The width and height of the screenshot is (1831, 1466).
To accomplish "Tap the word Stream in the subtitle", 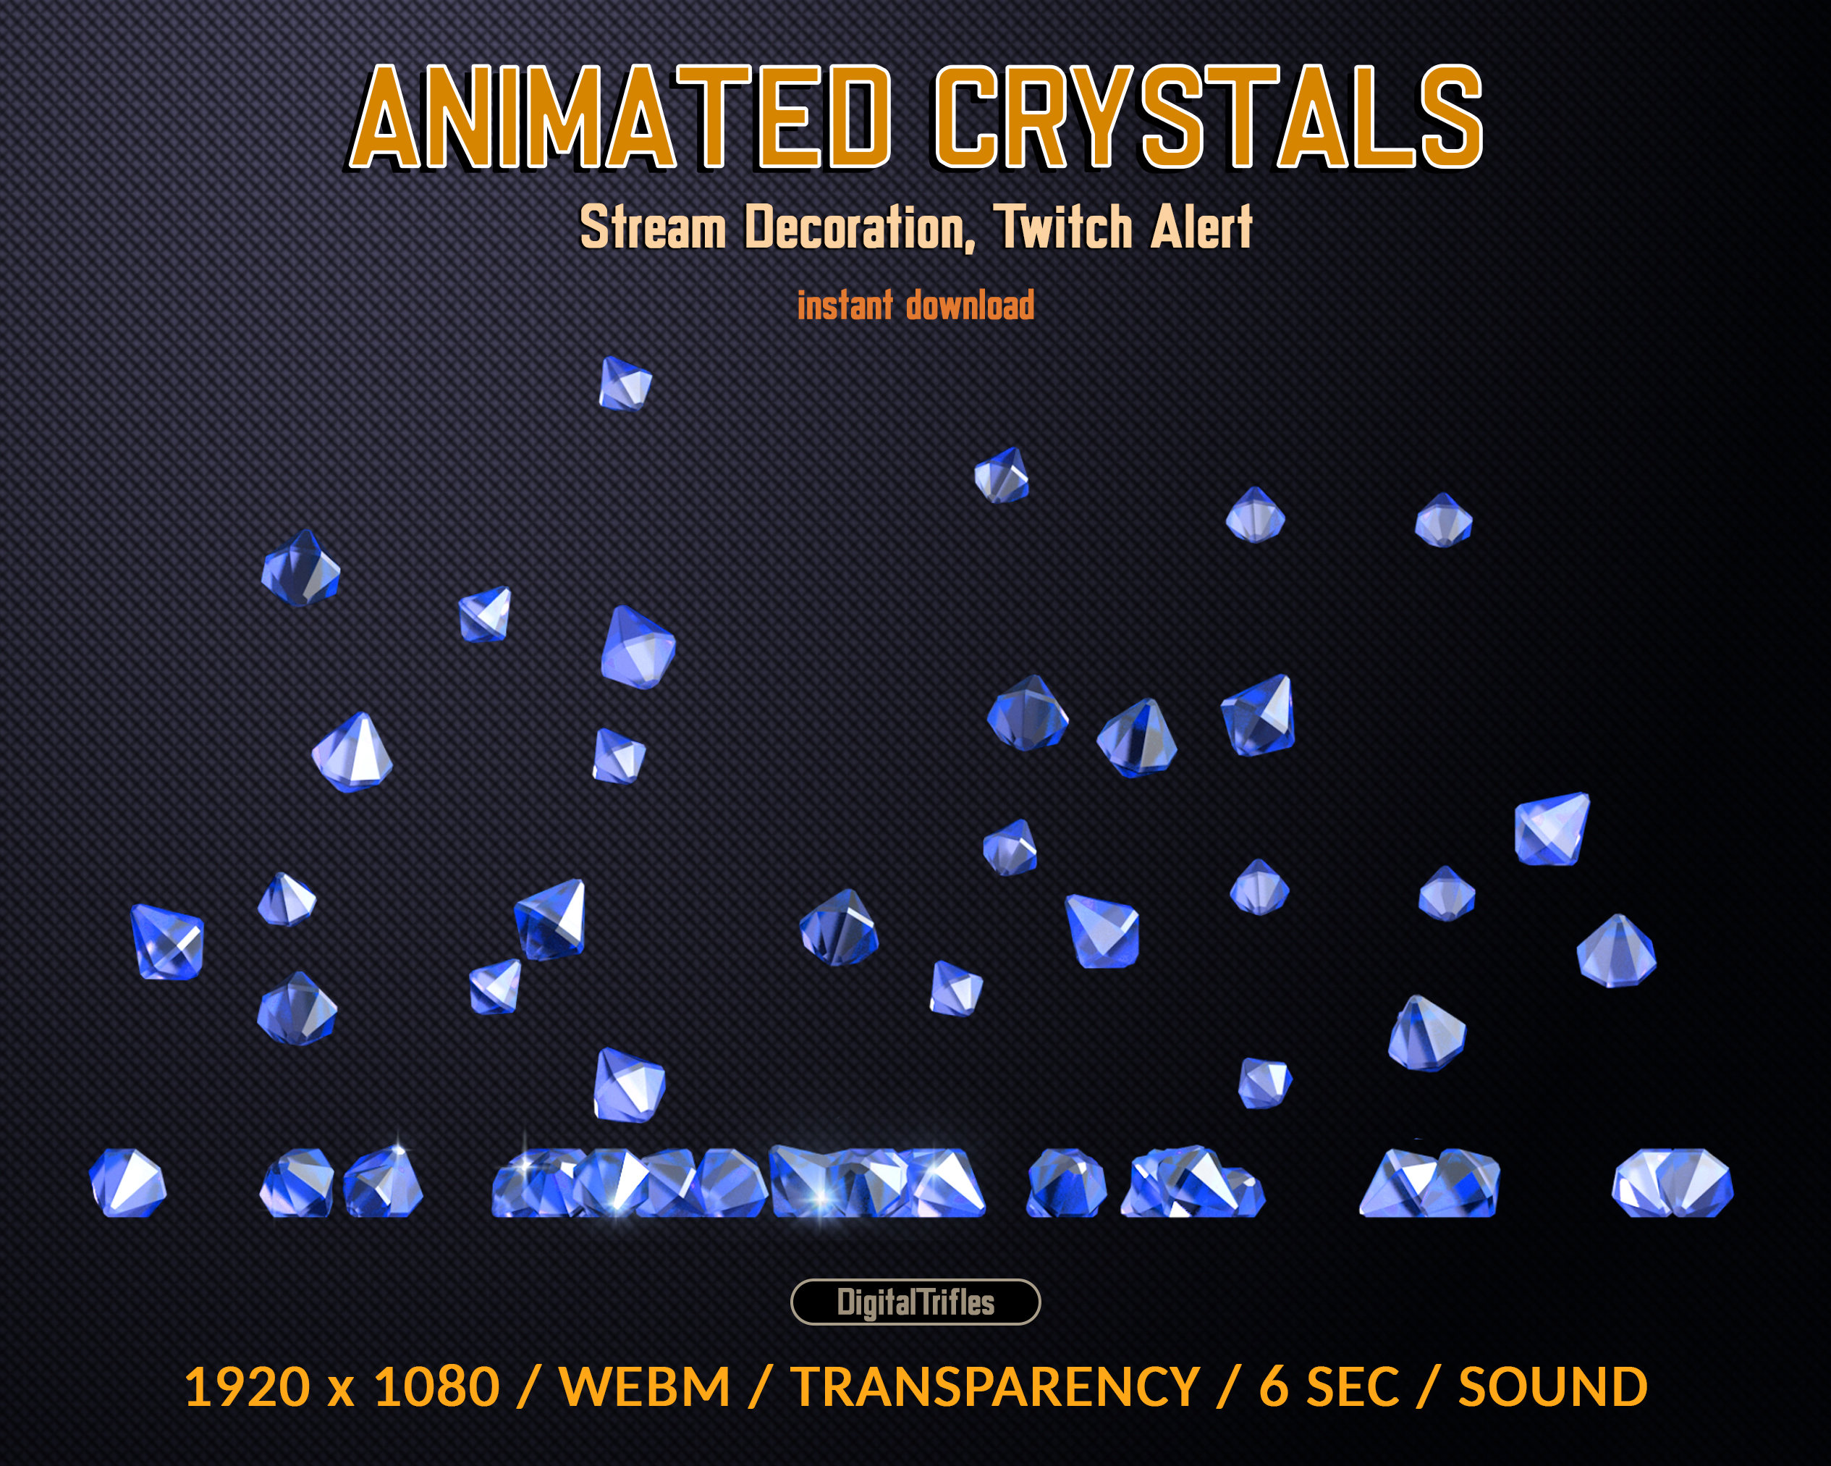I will [x=652, y=227].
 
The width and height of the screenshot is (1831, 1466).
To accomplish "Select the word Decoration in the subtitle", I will [x=858, y=227].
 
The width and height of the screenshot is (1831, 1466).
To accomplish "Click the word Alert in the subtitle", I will [x=1201, y=227].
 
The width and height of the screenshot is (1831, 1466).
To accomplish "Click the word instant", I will [x=845, y=306].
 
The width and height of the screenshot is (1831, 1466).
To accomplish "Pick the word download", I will [x=970, y=306].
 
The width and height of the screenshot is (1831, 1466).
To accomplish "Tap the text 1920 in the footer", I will [x=247, y=1387].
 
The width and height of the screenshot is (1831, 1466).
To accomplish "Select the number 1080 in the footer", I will [x=436, y=1387].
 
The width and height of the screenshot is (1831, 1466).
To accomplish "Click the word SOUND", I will [x=1553, y=1387].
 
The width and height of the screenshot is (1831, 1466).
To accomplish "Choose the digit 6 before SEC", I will [x=1273, y=1387].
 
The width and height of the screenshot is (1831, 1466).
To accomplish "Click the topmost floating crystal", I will [x=625, y=384].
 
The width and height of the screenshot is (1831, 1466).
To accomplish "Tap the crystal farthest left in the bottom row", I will [x=127, y=1182].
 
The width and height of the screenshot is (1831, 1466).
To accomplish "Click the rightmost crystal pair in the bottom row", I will [x=1671, y=1182].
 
